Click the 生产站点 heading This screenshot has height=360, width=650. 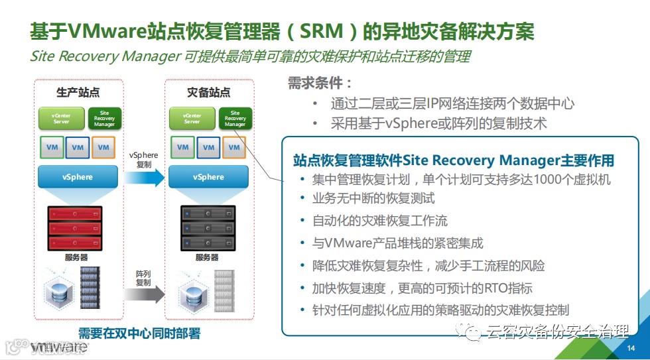pos(78,92)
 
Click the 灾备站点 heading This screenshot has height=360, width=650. pos(208,92)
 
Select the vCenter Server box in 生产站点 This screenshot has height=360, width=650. pos(60,119)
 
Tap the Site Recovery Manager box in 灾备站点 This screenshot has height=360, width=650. pos(235,119)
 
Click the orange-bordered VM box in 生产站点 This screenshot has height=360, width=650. pos(103,147)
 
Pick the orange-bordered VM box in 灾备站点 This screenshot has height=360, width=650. pos(233,147)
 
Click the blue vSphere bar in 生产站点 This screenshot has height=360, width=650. pos(78,177)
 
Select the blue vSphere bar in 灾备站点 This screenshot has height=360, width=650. pos(208,177)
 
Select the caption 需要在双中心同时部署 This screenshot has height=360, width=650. pos(139,333)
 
